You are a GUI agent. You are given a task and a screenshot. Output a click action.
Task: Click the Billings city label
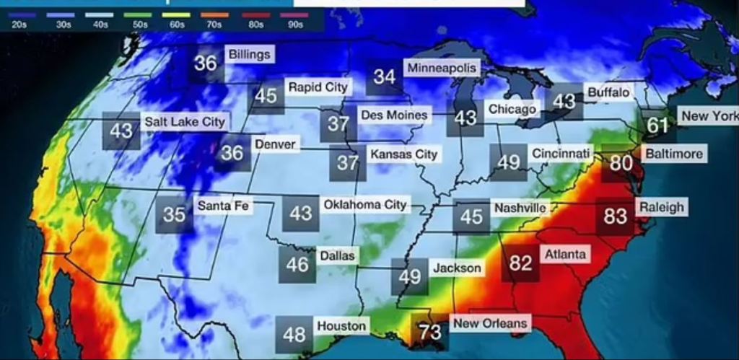pyautogui.click(x=249, y=55)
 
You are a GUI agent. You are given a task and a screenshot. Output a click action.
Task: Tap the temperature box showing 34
pyautogui.click(x=385, y=76)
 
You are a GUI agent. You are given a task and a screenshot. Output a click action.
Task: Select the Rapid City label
pyautogui.click(x=318, y=87)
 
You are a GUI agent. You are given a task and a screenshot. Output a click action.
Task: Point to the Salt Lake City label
pyautogui.click(x=185, y=122)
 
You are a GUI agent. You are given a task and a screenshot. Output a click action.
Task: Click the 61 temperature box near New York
pyautogui.click(x=657, y=126)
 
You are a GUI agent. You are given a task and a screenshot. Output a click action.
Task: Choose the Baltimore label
pyautogui.click(x=673, y=154)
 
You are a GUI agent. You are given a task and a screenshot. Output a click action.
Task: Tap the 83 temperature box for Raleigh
pyautogui.click(x=615, y=216)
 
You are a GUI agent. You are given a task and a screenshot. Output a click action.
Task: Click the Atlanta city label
pyautogui.click(x=565, y=255)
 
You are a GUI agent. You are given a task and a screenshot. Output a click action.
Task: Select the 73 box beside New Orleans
pyautogui.click(x=429, y=333)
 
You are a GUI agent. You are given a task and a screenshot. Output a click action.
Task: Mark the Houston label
pyautogui.click(x=341, y=326)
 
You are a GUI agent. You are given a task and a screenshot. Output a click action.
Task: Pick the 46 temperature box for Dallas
pyautogui.click(x=297, y=265)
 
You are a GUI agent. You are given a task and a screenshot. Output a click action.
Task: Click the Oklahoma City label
pyautogui.click(x=364, y=205)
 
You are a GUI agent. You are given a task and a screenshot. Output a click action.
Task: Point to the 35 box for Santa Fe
pyautogui.click(x=174, y=214)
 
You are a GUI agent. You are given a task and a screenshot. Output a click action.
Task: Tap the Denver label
pyautogui.click(x=275, y=145)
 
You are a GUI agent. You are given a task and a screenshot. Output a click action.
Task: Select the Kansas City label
pyautogui.click(x=403, y=154)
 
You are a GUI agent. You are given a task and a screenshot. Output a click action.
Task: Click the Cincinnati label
pyautogui.click(x=561, y=154)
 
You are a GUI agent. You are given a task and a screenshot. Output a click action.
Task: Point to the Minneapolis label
pyautogui.click(x=442, y=69)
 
